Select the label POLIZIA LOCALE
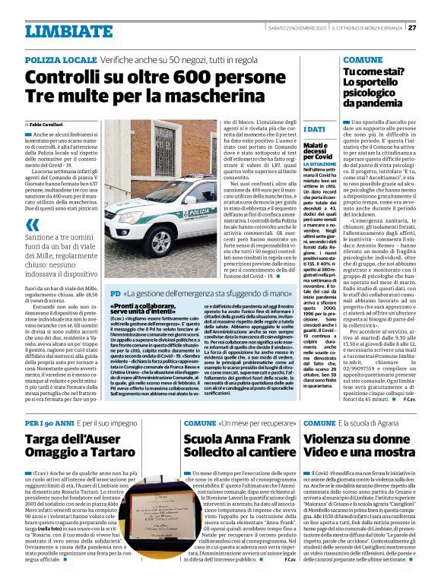pos(59,59)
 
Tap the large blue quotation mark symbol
pos(32,226)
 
